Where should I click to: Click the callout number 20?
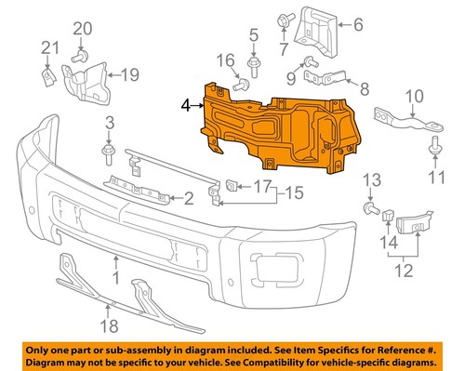[81, 30]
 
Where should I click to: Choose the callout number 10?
[414, 95]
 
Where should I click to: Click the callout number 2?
[189, 197]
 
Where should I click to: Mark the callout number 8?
[365, 90]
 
